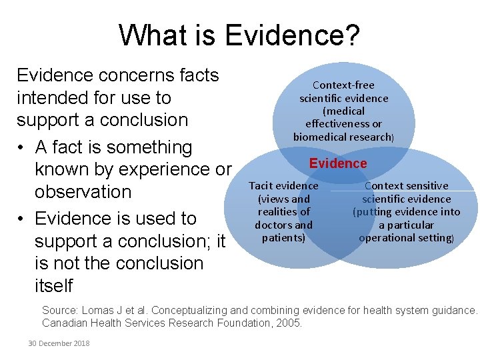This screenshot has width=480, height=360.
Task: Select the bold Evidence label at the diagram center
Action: point(338,163)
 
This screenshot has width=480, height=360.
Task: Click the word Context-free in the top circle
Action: point(343,85)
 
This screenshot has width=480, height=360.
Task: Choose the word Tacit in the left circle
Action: point(261,186)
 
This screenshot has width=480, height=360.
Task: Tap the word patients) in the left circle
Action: point(283,237)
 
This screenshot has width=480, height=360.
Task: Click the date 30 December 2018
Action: point(59,343)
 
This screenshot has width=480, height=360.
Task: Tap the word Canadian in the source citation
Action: point(65,323)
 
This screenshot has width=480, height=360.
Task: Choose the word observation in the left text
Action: point(83,192)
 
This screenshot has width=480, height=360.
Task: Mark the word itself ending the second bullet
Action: point(53,286)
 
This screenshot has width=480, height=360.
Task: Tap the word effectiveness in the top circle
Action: point(343,124)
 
